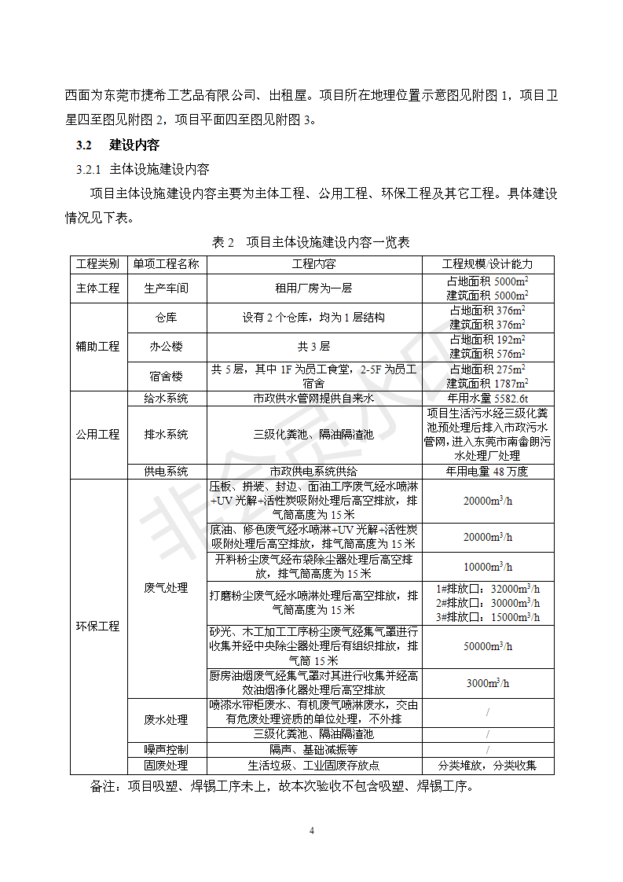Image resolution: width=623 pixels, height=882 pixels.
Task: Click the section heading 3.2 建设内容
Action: click(x=118, y=145)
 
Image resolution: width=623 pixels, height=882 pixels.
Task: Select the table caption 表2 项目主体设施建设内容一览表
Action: click(x=311, y=242)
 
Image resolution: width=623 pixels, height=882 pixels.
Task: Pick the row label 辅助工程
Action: click(x=97, y=347)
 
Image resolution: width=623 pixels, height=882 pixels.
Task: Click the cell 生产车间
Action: click(x=166, y=288)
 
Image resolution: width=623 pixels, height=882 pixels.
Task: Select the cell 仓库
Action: click(x=166, y=318)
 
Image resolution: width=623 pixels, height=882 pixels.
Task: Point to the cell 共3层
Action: click(x=313, y=347)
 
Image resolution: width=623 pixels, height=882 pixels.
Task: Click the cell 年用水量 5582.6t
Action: click(x=487, y=399)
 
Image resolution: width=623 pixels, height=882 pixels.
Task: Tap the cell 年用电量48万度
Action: click(x=487, y=472)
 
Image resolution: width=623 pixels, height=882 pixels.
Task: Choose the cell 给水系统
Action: click(x=166, y=399)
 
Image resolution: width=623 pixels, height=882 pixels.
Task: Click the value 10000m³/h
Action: click(x=487, y=567)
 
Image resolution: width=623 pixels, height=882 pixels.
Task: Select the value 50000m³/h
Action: click(x=487, y=646)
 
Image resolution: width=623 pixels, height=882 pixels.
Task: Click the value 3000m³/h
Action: click(x=487, y=683)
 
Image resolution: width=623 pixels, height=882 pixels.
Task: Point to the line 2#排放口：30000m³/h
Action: click(x=487, y=603)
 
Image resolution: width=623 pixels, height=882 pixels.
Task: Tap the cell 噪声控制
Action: click(x=166, y=749)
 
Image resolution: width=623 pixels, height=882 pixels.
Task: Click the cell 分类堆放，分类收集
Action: click(x=487, y=765)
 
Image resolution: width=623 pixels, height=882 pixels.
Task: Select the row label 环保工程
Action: click(x=97, y=627)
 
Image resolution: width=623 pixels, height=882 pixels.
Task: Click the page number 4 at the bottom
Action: click(x=312, y=831)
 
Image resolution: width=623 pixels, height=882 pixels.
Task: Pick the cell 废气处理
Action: click(x=166, y=588)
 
